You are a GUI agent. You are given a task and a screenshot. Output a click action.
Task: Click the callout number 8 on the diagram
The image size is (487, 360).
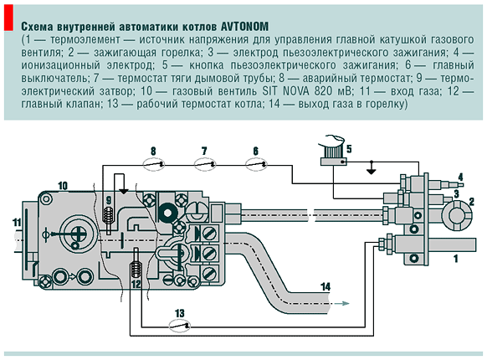153,151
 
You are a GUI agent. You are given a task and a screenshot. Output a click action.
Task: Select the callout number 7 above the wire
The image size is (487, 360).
203,151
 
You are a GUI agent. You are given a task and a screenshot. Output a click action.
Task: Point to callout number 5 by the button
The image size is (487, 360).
349,150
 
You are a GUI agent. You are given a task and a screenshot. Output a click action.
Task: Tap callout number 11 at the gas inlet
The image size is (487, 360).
16,221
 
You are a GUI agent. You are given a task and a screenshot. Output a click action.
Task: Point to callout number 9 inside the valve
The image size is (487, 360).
109,198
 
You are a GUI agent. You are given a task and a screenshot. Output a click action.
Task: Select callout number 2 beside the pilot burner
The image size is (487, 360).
472,201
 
